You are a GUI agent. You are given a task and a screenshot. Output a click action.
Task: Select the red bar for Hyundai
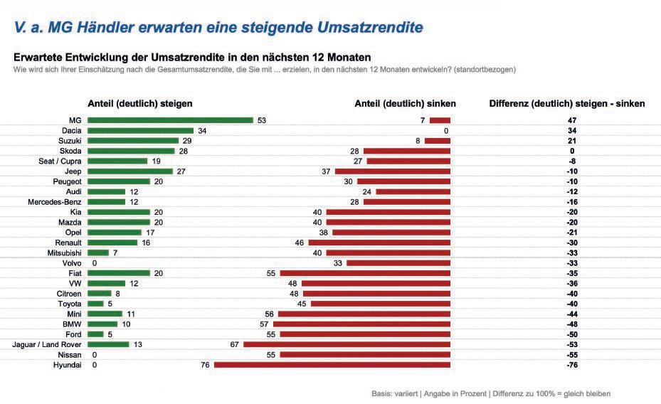tap(332, 364)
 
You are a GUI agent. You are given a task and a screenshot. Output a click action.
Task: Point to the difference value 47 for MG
tap(572, 121)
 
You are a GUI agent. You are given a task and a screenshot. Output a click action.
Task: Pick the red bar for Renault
tap(379, 243)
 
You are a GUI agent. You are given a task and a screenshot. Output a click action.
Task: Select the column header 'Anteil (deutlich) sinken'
tap(405, 104)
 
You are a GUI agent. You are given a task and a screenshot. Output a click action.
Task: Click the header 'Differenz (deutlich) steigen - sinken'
tap(567, 104)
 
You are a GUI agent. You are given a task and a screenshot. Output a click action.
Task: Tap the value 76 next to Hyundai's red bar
tap(206, 364)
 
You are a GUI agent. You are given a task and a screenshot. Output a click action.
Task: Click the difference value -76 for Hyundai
tap(572, 364)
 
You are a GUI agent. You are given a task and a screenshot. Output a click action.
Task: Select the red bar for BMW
tap(362, 324)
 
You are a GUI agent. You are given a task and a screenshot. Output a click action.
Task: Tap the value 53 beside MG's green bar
tap(261, 121)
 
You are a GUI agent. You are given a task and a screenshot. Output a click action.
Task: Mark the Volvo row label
tap(72, 262)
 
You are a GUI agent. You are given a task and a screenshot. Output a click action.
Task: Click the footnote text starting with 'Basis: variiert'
tap(490, 393)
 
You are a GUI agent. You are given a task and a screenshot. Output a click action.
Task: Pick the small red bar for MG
tap(440, 121)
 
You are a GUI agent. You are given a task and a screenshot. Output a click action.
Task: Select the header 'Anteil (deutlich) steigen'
tap(139, 104)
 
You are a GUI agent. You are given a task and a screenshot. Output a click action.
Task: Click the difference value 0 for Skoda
tap(572, 151)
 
